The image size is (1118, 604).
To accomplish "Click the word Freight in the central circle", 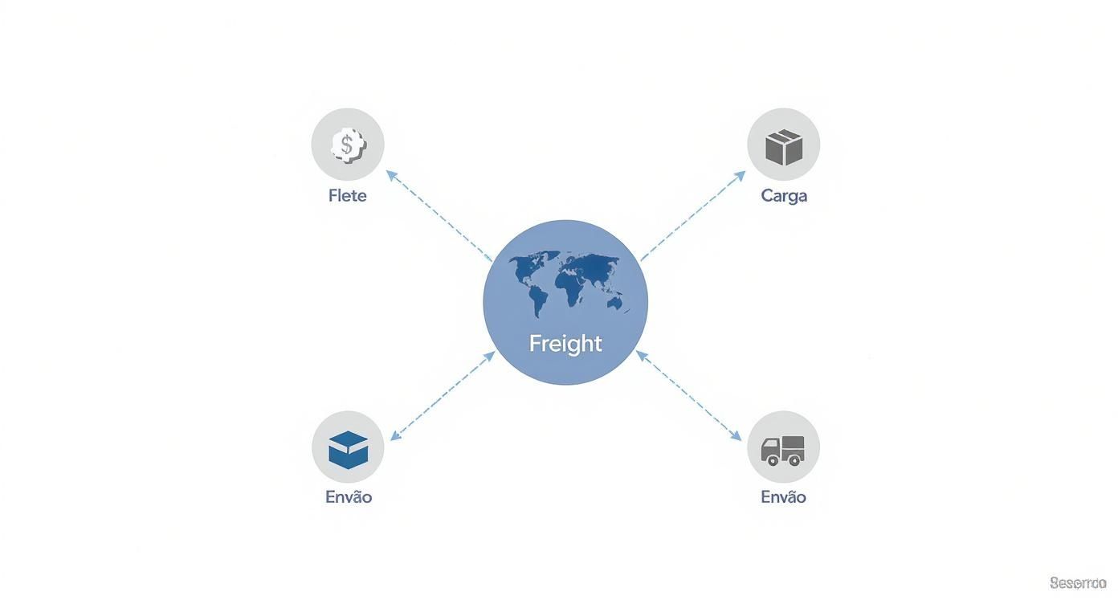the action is (x=565, y=343).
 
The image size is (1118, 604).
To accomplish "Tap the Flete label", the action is (x=347, y=195).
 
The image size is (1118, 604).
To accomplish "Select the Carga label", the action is (x=784, y=195).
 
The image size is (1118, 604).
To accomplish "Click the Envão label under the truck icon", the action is (x=783, y=496).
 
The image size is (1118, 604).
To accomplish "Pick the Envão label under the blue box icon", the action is (x=349, y=496).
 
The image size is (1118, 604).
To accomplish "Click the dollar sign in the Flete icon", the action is (x=347, y=145).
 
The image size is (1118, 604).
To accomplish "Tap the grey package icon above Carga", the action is (x=784, y=146).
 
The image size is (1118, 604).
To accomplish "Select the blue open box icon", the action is (x=348, y=449).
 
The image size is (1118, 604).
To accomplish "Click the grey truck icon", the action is (x=782, y=450).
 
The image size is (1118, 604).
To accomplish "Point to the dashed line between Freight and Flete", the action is (x=440, y=217).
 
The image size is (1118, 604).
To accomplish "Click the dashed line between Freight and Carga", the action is (x=692, y=216).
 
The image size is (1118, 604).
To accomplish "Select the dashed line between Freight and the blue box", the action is (x=442, y=397).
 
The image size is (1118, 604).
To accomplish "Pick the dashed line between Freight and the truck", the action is (x=689, y=396).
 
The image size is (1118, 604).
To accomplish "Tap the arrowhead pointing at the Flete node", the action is (x=390, y=173).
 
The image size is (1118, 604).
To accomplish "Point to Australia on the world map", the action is (x=615, y=303).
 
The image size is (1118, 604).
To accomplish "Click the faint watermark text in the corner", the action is (x=1077, y=582).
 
